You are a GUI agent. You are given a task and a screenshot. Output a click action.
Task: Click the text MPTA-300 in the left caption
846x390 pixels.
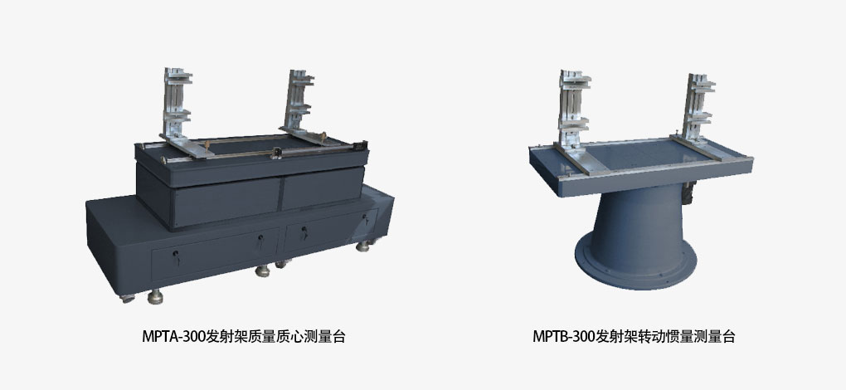(x=173, y=337)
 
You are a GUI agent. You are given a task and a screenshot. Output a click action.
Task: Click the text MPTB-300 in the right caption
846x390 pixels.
(x=564, y=337)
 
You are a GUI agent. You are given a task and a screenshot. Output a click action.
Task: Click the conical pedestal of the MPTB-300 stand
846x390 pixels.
(x=638, y=227)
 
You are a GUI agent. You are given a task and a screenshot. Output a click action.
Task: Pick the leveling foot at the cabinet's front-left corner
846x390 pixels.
(x=155, y=296)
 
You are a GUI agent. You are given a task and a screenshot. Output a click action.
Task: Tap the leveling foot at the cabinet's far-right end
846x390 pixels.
(x=363, y=246)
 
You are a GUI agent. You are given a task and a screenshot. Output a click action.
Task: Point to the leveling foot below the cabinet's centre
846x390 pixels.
(x=263, y=271)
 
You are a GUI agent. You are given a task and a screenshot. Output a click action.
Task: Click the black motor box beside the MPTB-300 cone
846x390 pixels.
(x=688, y=193)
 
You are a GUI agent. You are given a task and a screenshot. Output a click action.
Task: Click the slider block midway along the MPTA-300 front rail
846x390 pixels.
(x=276, y=153)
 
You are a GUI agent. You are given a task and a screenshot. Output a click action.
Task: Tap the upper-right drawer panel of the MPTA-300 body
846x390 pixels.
(x=322, y=188)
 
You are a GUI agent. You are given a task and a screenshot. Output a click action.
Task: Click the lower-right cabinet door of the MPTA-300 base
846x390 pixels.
(x=329, y=230)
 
